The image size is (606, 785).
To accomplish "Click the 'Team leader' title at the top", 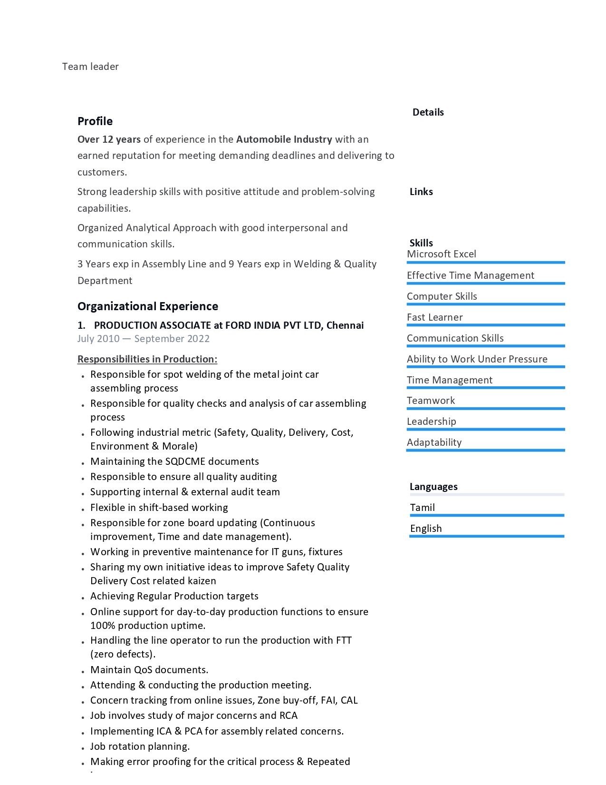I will tap(90, 67).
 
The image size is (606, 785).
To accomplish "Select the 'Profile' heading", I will tap(95, 121).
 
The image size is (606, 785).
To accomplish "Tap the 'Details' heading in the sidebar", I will tap(428, 112).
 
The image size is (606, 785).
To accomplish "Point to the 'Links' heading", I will tap(421, 192).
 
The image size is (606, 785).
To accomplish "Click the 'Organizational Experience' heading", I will tap(148, 306).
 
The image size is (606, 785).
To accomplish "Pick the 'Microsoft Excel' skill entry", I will tap(441, 254).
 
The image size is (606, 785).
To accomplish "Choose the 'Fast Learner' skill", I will tap(434, 317).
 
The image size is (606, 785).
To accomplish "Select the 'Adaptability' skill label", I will tap(434, 442).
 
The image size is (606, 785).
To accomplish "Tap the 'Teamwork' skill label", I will tap(431, 401).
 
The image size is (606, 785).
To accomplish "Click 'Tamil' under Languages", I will tap(422, 508).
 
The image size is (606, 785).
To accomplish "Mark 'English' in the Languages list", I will tap(426, 529).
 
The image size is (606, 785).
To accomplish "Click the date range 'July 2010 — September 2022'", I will tap(144, 339).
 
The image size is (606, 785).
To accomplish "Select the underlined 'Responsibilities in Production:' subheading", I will tap(147, 359).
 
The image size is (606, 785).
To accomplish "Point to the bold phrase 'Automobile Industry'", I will tap(284, 139).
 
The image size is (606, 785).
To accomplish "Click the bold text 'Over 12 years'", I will tap(109, 139).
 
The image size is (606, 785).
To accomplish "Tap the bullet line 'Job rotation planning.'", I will tap(140, 746).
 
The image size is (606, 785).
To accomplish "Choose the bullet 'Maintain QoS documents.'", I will tap(149, 670).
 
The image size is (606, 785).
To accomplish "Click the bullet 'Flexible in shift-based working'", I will tap(159, 508).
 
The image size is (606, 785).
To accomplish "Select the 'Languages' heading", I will tap(433, 487).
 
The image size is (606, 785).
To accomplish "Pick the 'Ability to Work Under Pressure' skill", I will tap(477, 359).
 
